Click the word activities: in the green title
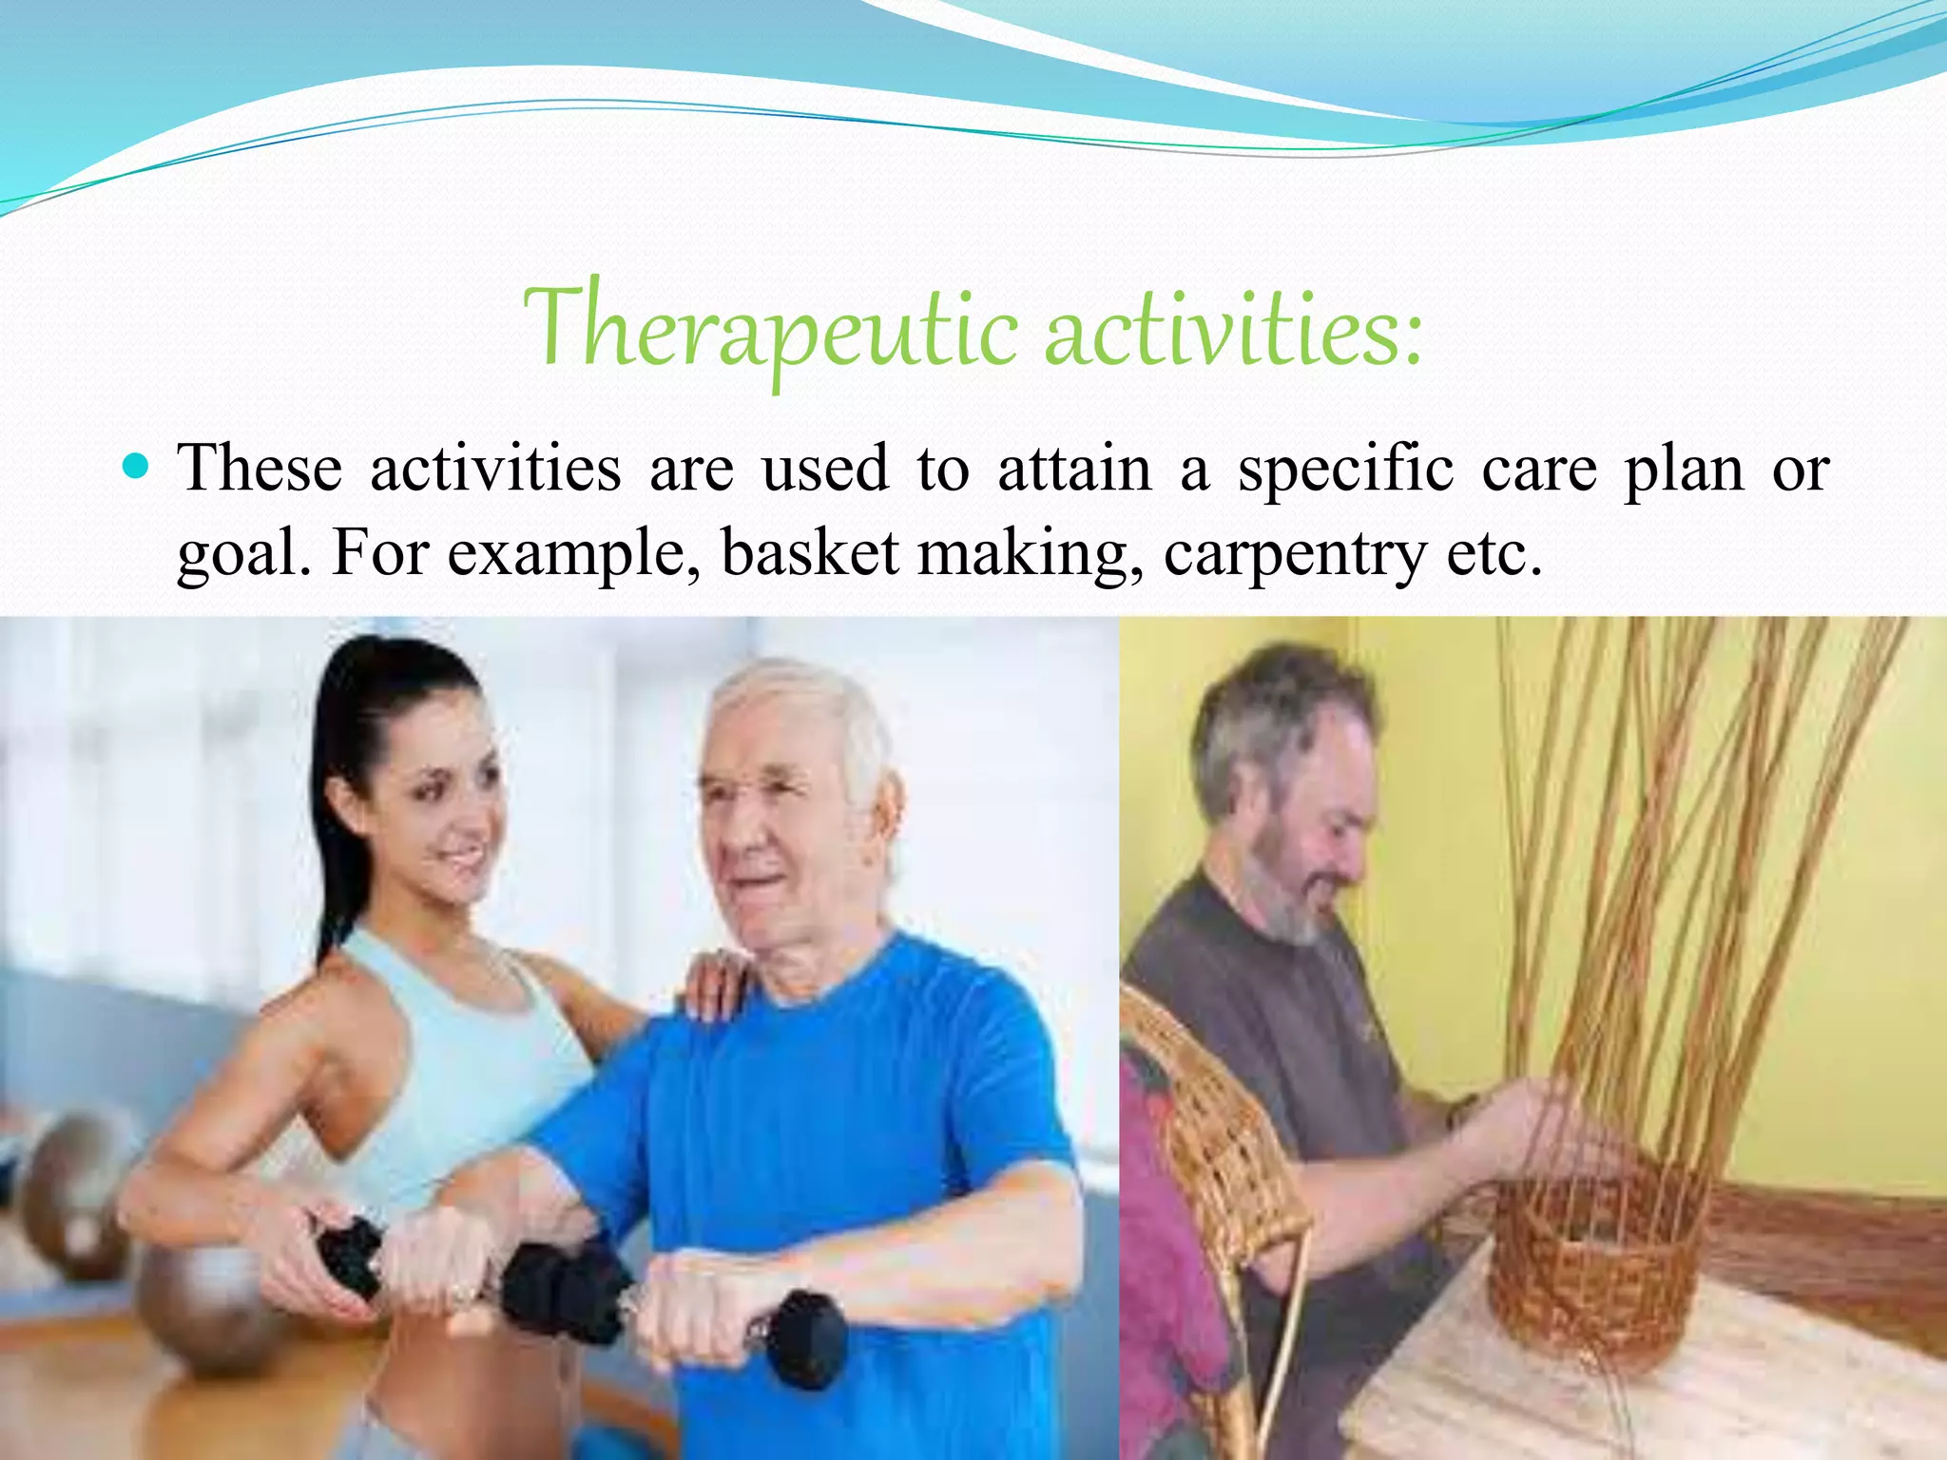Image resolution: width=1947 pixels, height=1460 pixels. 1233,328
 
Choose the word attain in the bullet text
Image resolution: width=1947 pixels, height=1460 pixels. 1073,469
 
